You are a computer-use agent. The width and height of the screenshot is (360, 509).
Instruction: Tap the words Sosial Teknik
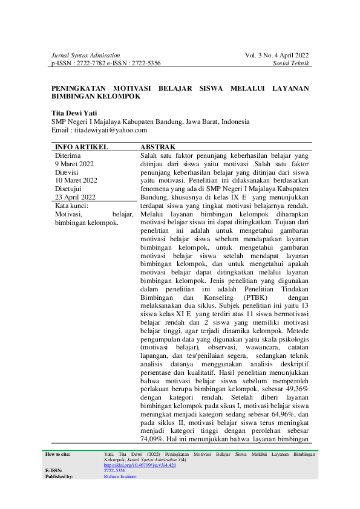291,63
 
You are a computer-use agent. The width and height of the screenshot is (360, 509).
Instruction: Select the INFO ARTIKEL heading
82,147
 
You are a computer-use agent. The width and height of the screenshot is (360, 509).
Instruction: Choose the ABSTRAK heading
158,147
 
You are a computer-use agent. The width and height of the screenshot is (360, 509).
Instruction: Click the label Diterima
67,155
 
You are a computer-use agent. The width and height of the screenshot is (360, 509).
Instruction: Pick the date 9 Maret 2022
74,164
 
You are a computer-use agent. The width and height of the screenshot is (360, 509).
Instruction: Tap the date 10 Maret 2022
76,180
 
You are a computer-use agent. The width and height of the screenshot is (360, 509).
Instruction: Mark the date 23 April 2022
76,197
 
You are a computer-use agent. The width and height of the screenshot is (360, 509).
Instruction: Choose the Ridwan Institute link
120,476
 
